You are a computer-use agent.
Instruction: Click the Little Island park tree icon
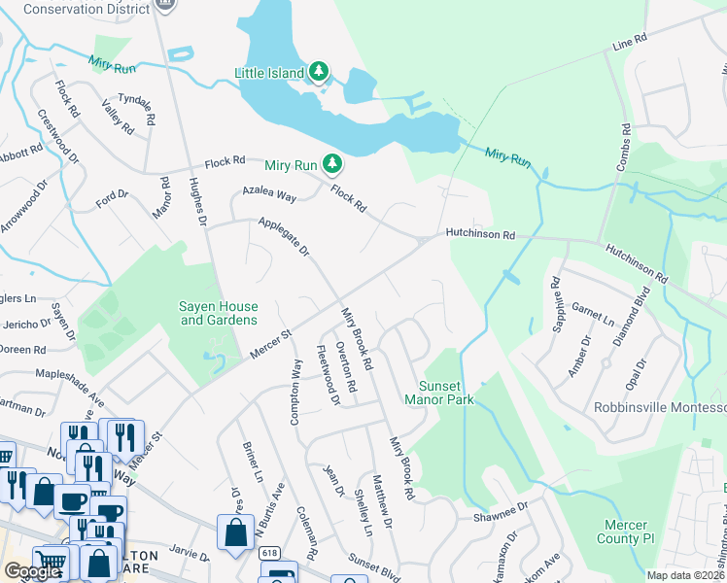coord(318,72)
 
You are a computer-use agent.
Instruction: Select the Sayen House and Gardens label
coord(219,313)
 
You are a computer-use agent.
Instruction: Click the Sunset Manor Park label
coord(440,393)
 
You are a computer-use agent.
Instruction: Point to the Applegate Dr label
coord(283,237)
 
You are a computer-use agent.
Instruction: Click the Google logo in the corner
coord(32,571)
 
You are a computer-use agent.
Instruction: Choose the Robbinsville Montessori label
coord(661,407)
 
